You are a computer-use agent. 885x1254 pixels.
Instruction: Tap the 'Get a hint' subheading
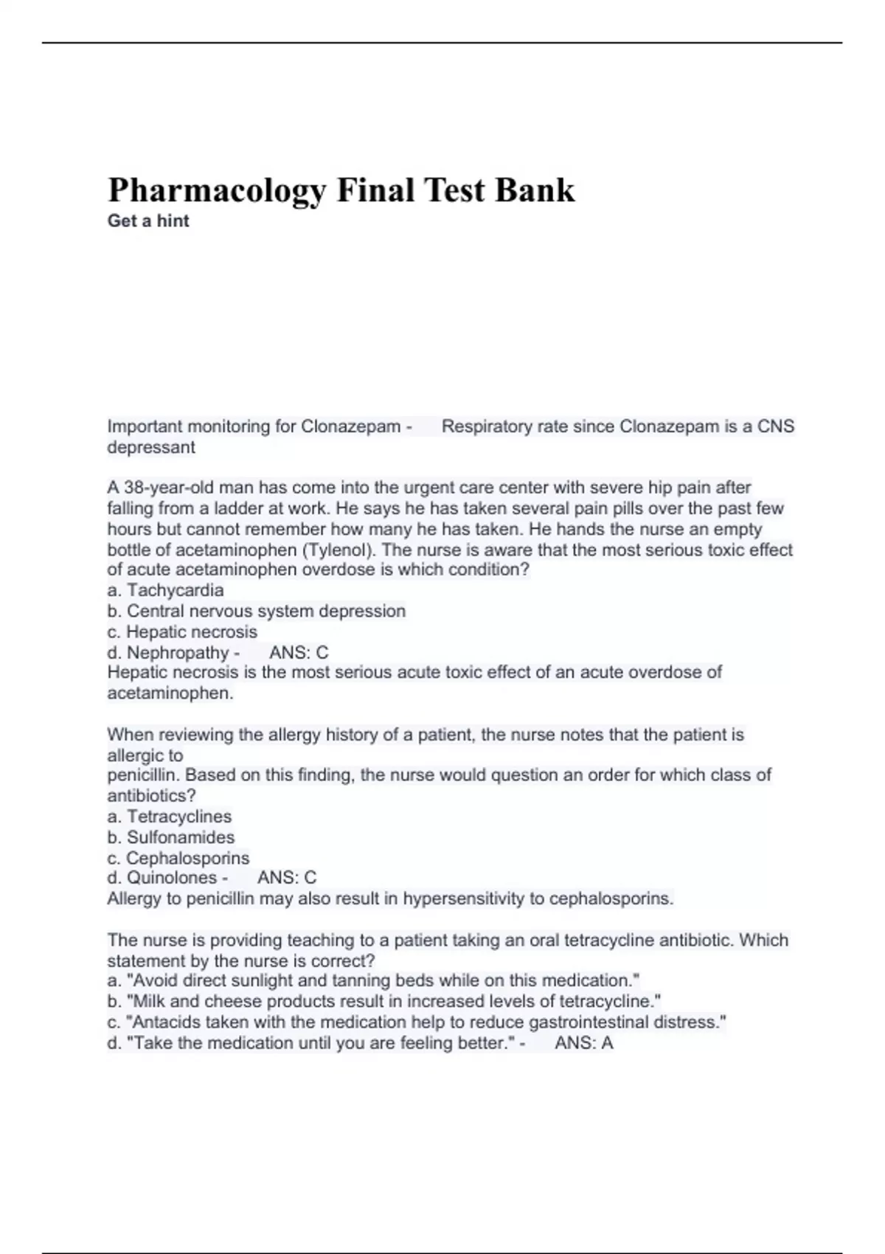tap(148, 221)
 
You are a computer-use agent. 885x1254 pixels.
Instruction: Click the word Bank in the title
tap(535, 190)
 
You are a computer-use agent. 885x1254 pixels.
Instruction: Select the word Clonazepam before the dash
tap(350, 426)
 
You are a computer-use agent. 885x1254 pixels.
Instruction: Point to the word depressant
tap(151, 447)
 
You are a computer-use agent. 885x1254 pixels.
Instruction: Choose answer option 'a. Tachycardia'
tap(165, 590)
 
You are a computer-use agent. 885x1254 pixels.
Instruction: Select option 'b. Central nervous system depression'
tap(257, 611)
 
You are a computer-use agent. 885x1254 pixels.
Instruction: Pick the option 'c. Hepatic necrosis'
tap(182, 631)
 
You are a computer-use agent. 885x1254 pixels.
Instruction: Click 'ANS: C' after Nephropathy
tap(299, 652)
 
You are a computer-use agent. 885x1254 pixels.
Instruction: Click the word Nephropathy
tap(178, 652)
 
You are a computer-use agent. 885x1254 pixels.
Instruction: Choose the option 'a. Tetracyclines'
tap(170, 817)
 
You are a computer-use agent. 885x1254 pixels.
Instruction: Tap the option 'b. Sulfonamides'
tap(171, 837)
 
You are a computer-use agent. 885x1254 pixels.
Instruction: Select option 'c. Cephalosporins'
tap(178, 858)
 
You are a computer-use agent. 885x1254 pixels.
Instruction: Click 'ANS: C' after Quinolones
tap(287, 878)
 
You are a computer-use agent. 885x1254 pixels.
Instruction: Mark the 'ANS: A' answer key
tap(583, 1042)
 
